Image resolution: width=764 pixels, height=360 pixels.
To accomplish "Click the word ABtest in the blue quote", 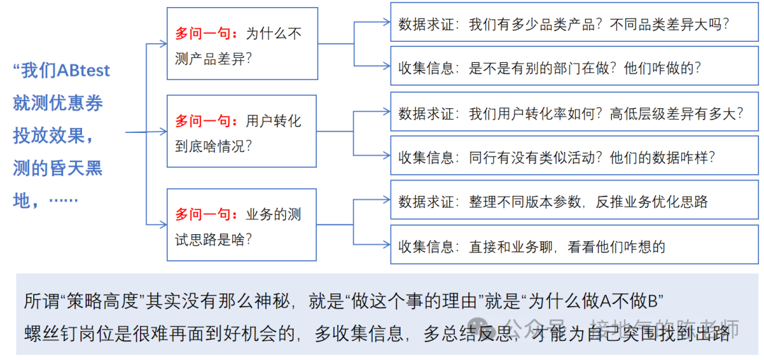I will click(83, 71).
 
